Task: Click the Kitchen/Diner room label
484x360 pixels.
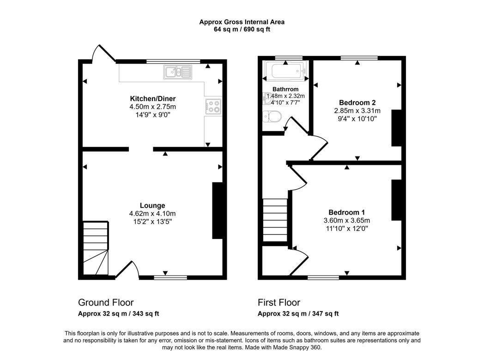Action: click(152, 99)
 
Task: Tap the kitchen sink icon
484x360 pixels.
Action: click(178, 72)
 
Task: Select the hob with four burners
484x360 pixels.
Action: click(213, 107)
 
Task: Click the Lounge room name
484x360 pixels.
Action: click(152, 205)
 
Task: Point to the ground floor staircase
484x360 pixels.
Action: click(96, 248)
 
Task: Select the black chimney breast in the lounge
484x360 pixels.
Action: click(218, 211)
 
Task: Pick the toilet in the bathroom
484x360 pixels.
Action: click(272, 117)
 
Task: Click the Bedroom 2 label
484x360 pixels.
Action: click(357, 103)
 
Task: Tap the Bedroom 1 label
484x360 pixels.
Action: click(347, 212)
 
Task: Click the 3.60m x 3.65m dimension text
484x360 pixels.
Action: click(347, 221)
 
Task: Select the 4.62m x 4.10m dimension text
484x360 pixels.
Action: click(152, 214)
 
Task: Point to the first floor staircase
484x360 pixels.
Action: click(275, 220)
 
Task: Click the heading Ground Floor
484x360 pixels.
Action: click(106, 302)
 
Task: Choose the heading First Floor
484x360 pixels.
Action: click(279, 302)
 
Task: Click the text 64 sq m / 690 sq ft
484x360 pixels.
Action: click(242, 30)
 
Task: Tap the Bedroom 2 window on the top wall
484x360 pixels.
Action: click(359, 58)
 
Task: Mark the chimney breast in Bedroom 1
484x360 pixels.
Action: click(397, 200)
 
